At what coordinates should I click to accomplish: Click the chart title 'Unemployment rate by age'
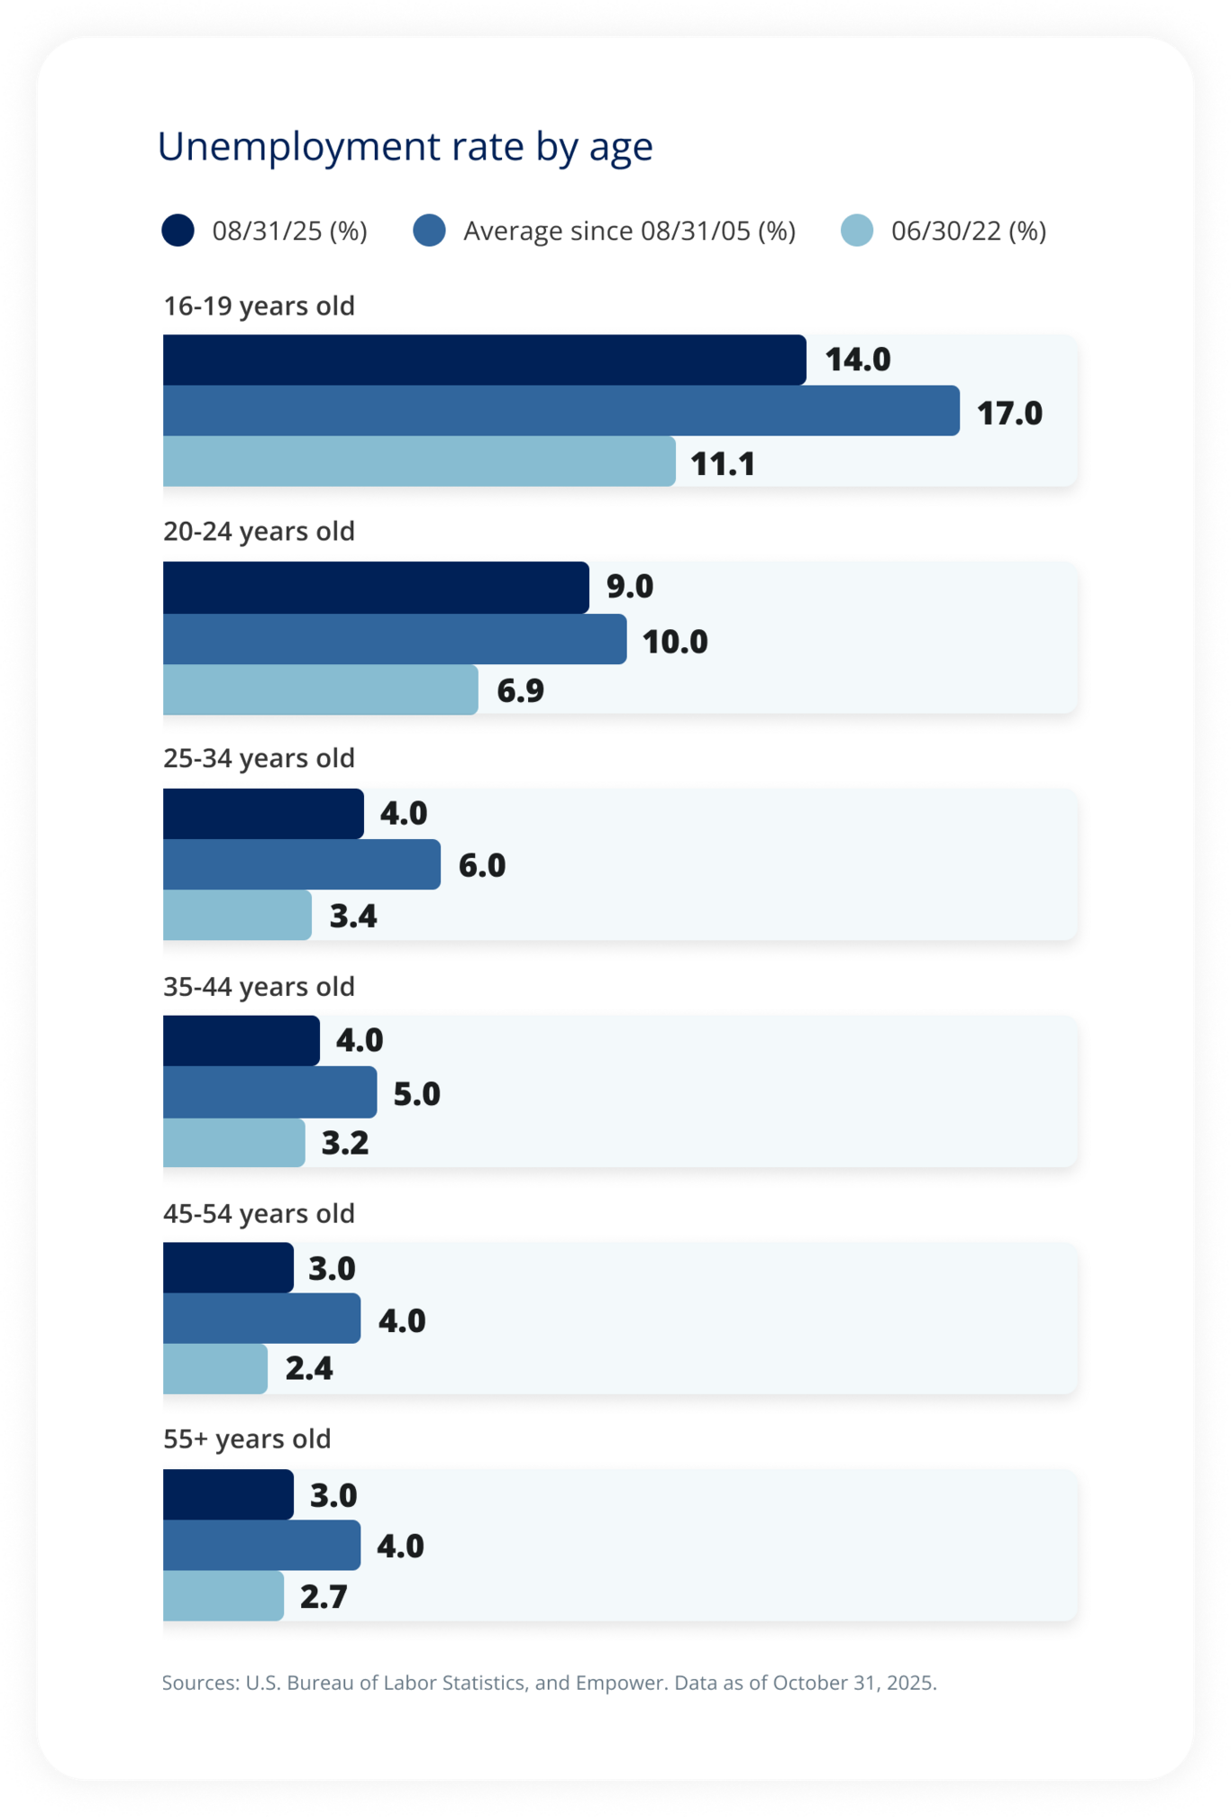coord(405,147)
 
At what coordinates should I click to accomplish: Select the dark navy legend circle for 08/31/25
coord(178,231)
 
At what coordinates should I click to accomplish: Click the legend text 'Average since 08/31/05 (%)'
coord(629,232)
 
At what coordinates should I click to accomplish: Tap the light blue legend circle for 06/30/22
coord(856,231)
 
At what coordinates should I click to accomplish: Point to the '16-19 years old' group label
coord(259,306)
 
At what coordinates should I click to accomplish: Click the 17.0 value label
coord(1009,414)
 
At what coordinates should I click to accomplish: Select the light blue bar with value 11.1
coord(419,462)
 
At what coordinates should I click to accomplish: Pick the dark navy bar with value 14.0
coord(484,361)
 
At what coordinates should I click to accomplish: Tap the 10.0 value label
coord(675,642)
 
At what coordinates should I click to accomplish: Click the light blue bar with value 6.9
coord(320,690)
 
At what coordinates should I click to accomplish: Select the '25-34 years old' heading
coord(259,759)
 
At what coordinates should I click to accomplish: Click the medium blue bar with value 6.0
coord(301,865)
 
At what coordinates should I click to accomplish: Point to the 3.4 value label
coord(353,917)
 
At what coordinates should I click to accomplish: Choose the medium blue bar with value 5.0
coord(269,1092)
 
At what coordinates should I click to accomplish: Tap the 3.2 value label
coord(345,1144)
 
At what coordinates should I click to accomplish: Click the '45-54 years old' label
coord(259,1214)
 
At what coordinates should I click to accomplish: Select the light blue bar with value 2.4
coord(214,1369)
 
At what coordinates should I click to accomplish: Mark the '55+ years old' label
coord(247,1439)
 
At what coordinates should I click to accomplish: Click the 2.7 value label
coord(324,1597)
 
